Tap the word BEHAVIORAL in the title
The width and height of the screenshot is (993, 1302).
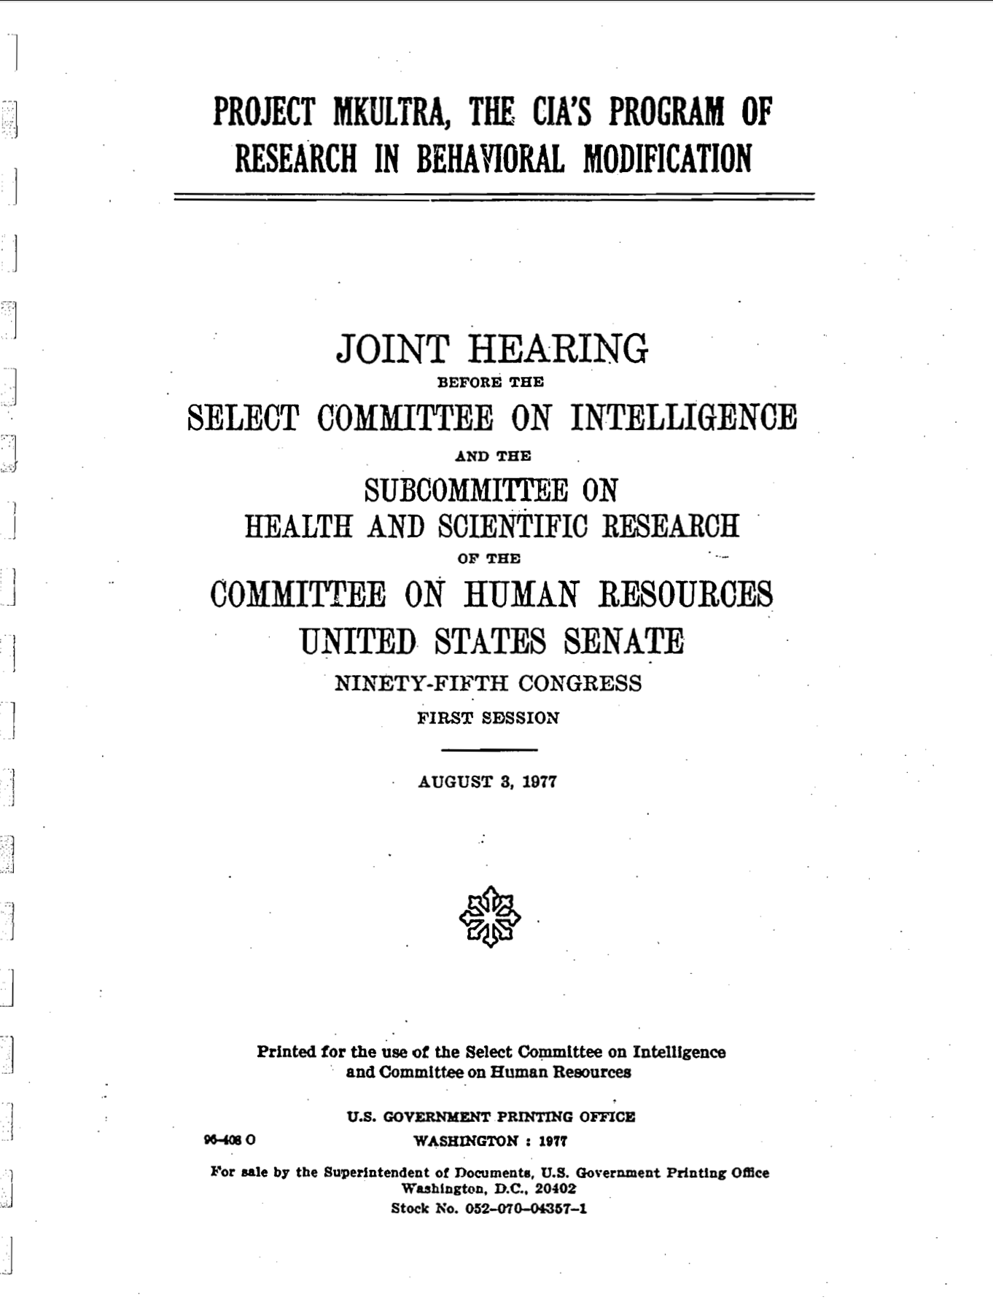pos(490,159)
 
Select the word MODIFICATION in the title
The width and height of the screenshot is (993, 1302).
pos(667,159)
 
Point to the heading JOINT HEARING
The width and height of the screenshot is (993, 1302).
pos(491,349)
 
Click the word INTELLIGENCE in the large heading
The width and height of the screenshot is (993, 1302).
pos(683,418)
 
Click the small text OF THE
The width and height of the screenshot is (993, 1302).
pos(488,559)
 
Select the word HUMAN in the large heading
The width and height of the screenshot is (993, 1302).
pos(521,595)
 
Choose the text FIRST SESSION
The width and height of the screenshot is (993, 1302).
pos(488,718)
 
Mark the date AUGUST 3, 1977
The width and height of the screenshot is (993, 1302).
pos(487,782)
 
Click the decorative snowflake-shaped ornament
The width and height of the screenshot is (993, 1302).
pos(490,916)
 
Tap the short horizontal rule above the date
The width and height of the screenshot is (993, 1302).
pos(489,749)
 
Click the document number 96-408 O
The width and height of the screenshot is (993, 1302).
pos(230,1140)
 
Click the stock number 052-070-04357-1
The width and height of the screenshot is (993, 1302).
pos(526,1208)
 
